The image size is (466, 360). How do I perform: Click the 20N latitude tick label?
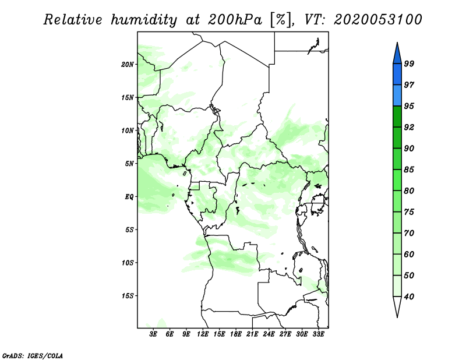tap(128, 65)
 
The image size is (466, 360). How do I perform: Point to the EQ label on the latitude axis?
tap(129, 197)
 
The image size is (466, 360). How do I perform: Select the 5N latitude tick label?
tap(129, 164)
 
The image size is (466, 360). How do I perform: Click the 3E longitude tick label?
tap(153, 334)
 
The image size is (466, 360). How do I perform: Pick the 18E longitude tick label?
tap(236, 334)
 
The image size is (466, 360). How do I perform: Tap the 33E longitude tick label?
tap(318, 334)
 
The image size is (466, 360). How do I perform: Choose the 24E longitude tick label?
tap(269, 334)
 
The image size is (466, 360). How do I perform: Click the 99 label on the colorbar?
tap(409, 63)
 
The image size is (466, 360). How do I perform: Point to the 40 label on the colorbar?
tap(409, 297)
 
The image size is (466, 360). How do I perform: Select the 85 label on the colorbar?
tap(409, 170)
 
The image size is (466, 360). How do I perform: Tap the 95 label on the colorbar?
tap(409, 106)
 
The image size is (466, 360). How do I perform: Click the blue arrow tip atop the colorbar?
tap(397, 44)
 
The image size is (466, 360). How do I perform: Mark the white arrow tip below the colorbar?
tap(397, 316)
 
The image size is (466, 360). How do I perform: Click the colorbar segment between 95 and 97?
tap(397, 96)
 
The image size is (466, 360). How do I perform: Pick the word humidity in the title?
tap(144, 20)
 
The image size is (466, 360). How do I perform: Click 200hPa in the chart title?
tap(235, 20)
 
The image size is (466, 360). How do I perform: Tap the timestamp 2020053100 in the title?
tap(377, 20)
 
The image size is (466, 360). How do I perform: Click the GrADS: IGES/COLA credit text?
tap(33, 355)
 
